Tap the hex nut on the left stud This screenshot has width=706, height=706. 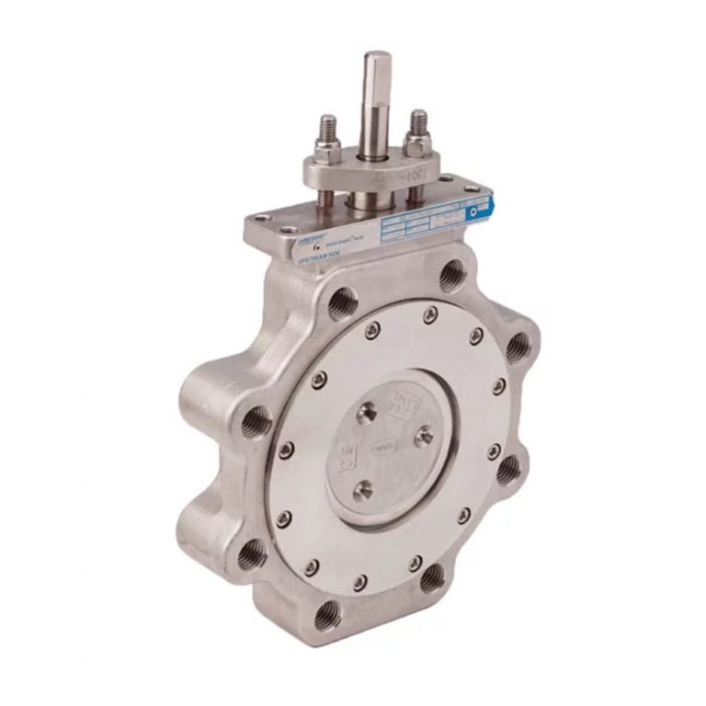click(328, 151)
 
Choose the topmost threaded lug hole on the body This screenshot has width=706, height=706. click(452, 275)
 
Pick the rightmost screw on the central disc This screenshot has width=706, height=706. click(424, 436)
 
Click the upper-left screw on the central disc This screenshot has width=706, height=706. click(366, 412)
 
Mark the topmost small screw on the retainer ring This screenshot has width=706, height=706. click(430, 315)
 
